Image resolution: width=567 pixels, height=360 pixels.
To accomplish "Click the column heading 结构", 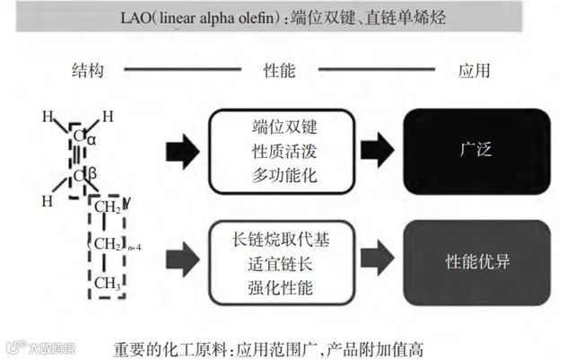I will pos(88,69).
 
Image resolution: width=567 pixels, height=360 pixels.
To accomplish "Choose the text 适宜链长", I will pos(279,262).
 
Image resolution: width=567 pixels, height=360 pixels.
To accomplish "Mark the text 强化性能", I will pos(279,285).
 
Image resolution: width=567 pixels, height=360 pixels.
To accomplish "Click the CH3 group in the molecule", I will pos(108,285).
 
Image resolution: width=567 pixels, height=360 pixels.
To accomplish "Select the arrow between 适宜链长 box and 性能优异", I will pos(378,261).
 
